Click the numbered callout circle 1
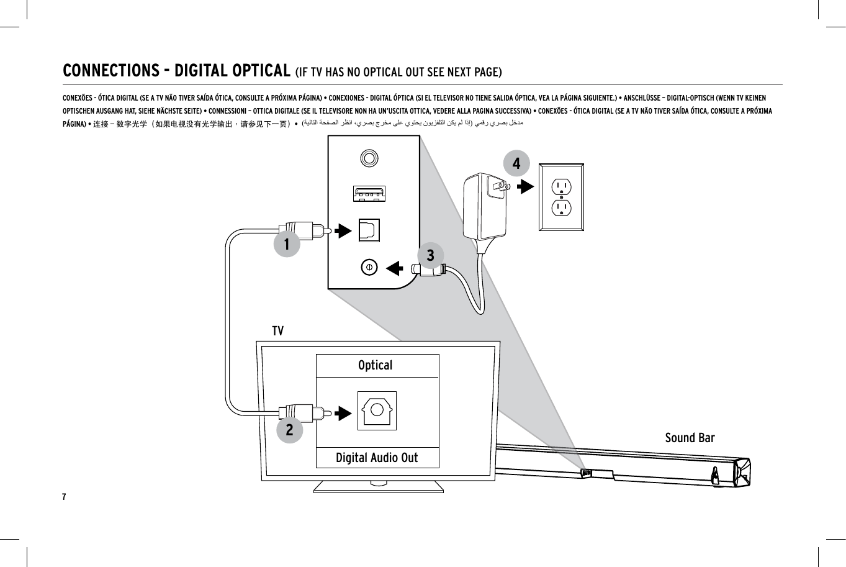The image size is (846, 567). [x=287, y=244]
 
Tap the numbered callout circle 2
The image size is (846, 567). [x=289, y=429]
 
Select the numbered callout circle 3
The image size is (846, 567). [x=430, y=255]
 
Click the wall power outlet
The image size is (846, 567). [x=561, y=197]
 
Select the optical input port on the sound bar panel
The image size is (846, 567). [x=369, y=230]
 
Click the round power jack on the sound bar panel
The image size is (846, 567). [x=369, y=267]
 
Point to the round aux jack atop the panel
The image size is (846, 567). [x=369, y=158]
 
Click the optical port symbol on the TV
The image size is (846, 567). [x=377, y=411]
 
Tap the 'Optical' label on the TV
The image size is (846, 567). [x=376, y=365]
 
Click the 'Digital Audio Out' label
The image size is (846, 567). [x=377, y=458]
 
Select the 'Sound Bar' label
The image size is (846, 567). [x=690, y=438]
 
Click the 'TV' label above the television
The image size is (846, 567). [x=277, y=331]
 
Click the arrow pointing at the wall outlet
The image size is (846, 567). [x=525, y=186]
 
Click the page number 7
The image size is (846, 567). [x=64, y=497]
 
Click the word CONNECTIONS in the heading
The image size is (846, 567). [x=111, y=71]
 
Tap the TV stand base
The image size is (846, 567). [x=378, y=486]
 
